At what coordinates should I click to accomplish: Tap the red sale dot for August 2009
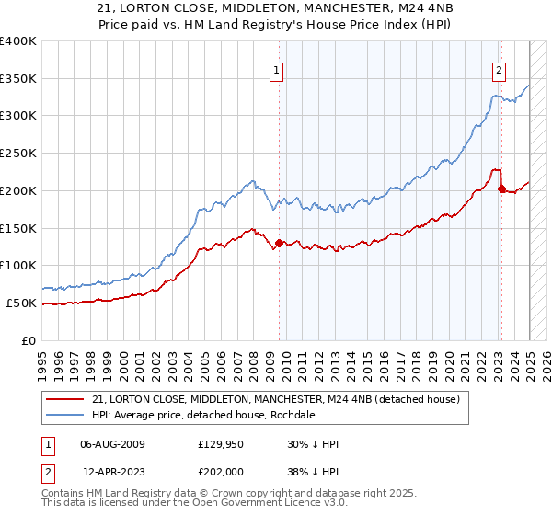tap(279, 243)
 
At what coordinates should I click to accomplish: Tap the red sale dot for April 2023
tap(501, 189)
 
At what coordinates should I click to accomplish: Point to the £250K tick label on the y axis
tap(18, 153)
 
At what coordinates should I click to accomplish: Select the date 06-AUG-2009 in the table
tap(112, 445)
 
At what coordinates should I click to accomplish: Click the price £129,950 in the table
tap(221, 445)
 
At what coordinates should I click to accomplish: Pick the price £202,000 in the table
tap(221, 471)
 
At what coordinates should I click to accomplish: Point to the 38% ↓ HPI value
tap(313, 471)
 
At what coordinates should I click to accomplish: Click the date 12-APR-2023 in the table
tap(112, 471)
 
